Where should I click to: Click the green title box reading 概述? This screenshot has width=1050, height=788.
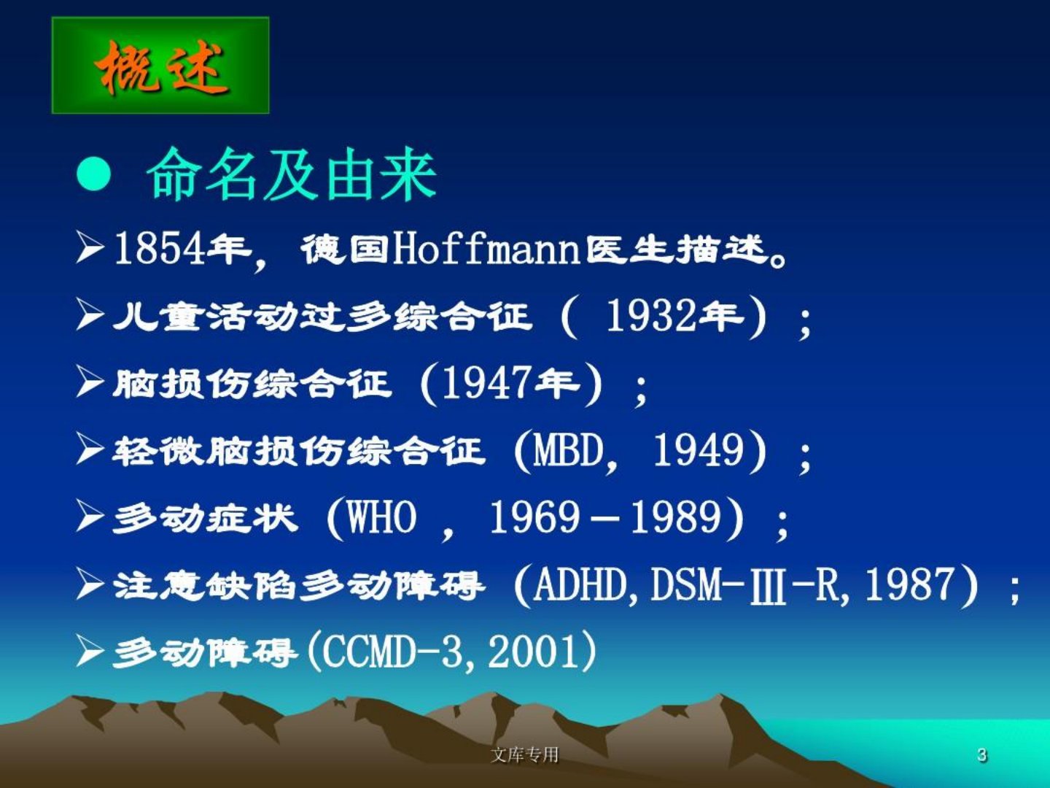160,65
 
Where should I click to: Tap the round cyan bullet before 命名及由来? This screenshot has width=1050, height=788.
94,174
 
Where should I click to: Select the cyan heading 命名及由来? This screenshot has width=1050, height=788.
292,174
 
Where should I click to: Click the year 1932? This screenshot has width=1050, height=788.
650,316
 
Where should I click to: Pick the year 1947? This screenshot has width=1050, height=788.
487,383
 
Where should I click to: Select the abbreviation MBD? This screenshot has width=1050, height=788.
568,450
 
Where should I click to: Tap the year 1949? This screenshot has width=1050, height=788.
699,450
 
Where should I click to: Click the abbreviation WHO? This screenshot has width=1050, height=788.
382,517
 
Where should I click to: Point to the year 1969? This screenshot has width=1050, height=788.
534,517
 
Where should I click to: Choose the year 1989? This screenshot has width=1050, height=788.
675,517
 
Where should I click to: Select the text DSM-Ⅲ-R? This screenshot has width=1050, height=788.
744,584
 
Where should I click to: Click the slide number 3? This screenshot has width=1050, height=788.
982,755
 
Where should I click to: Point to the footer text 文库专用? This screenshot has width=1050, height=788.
525,754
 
